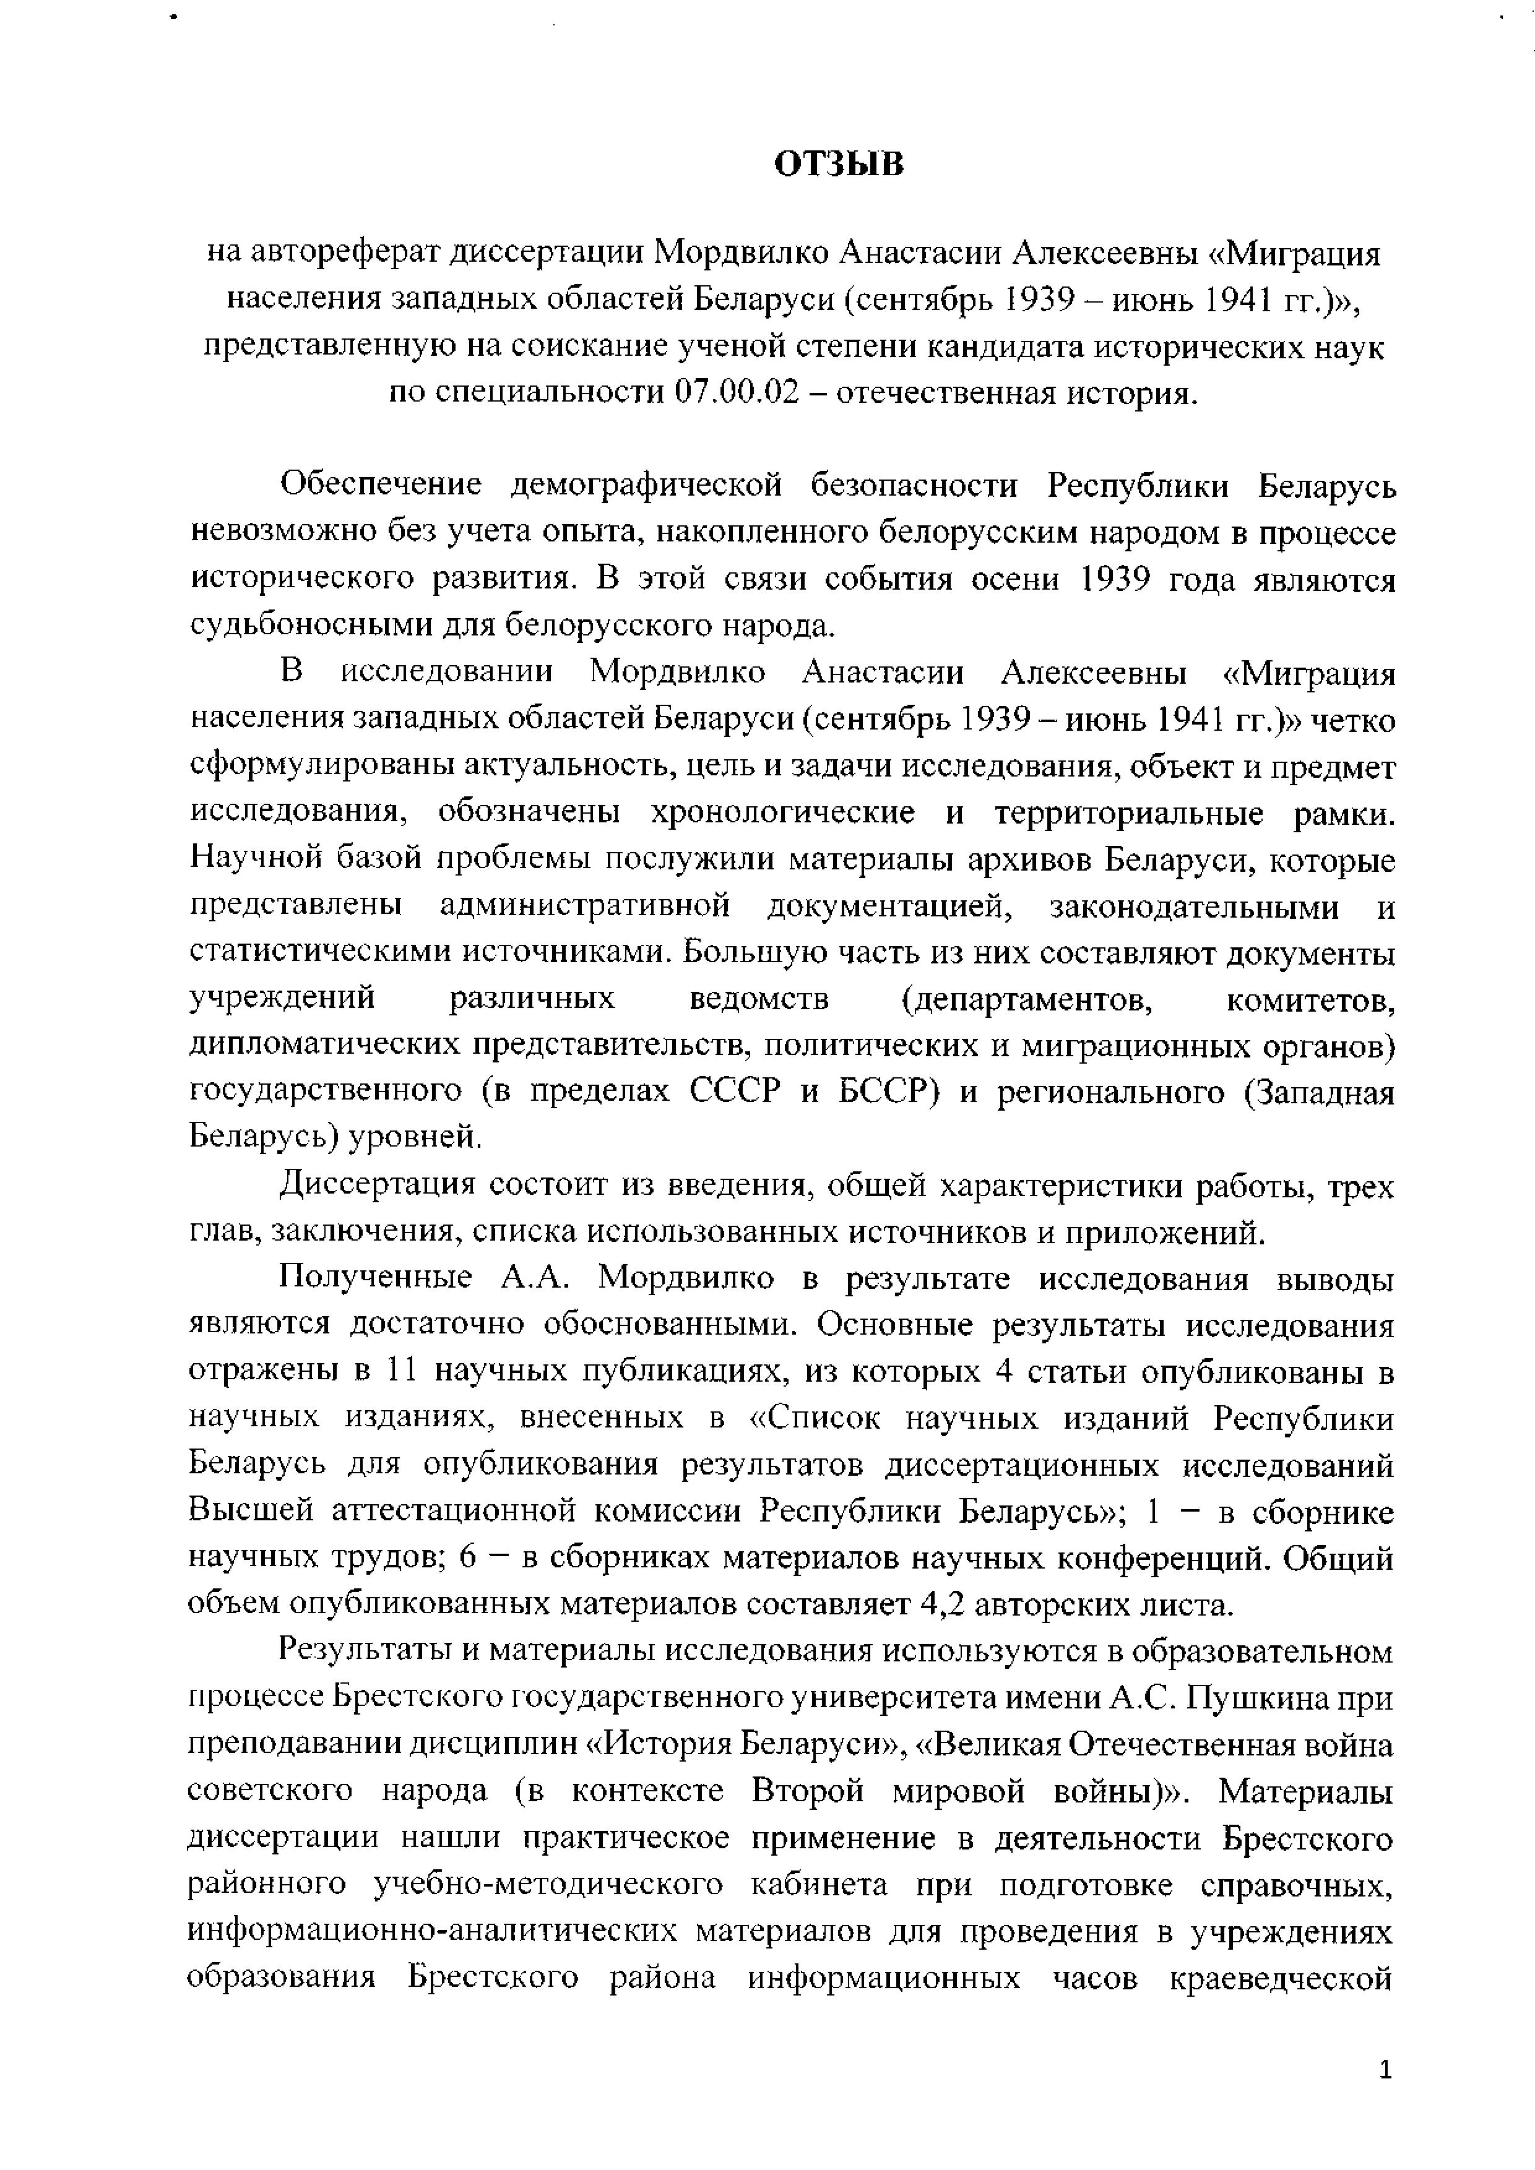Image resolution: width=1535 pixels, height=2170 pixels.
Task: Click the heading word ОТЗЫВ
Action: tap(839, 165)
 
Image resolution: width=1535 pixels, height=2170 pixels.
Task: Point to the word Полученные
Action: tap(376, 1279)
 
